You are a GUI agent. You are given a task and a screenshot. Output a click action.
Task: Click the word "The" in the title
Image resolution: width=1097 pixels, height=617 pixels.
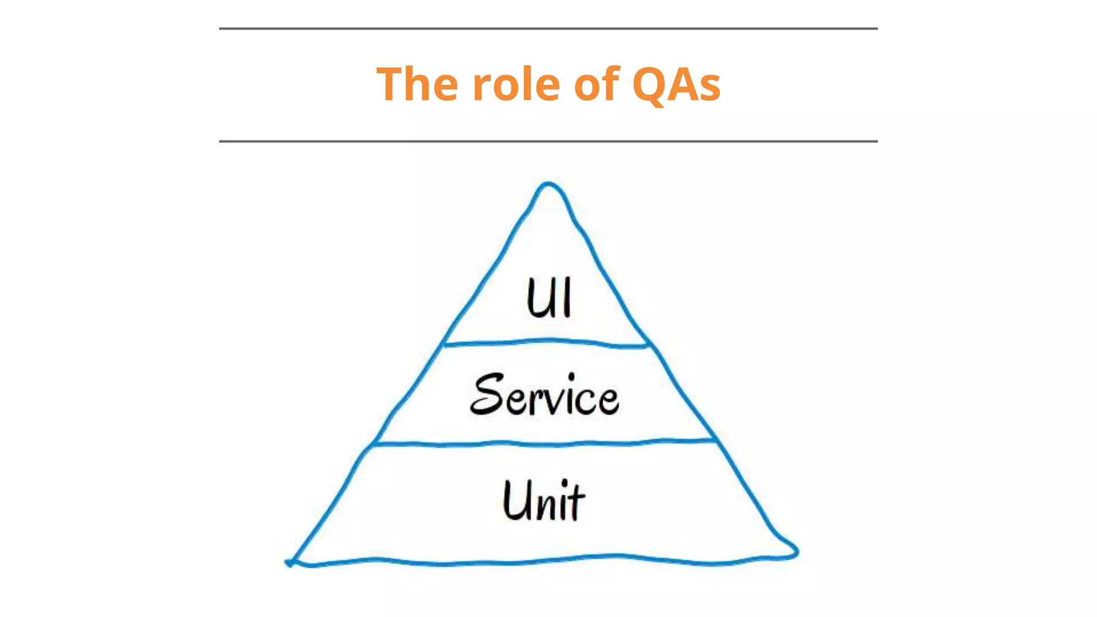pyautogui.click(x=417, y=84)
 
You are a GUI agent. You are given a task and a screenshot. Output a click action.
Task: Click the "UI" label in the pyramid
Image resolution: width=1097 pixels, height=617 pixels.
pyautogui.click(x=549, y=298)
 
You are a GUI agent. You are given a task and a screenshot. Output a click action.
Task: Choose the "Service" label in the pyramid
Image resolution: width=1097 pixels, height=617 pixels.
pyautogui.click(x=544, y=395)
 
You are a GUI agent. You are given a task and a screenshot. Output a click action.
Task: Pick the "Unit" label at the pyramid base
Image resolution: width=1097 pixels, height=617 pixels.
pyautogui.click(x=544, y=500)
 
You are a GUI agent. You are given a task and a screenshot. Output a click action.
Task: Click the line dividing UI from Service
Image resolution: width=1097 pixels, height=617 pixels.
pyautogui.click(x=546, y=342)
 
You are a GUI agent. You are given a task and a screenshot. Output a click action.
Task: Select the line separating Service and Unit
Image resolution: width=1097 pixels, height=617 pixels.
pyautogui.click(x=546, y=443)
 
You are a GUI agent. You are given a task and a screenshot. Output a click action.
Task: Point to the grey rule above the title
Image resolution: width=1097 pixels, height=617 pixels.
pyautogui.click(x=548, y=28)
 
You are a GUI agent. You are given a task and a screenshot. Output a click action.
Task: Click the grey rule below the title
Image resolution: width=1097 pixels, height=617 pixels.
pyautogui.click(x=548, y=141)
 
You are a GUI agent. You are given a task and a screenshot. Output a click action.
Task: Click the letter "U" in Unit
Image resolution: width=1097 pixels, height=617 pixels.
pyautogui.click(x=515, y=500)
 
